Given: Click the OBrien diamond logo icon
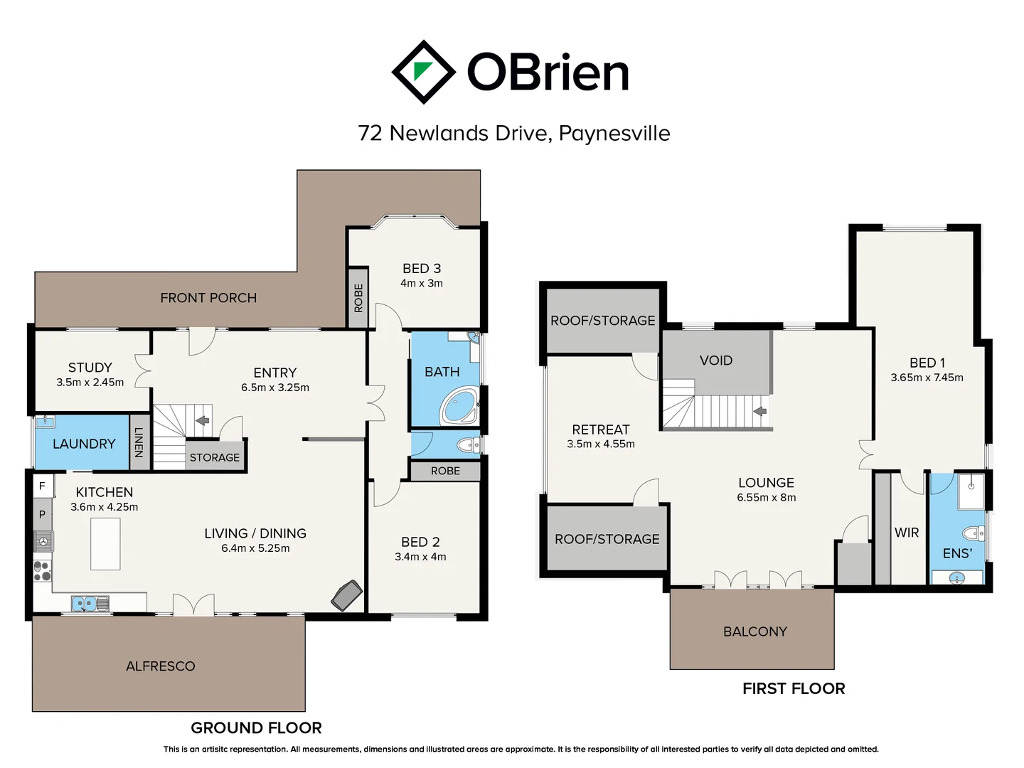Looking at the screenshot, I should [x=423, y=72].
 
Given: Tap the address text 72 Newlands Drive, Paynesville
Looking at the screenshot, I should [x=513, y=133].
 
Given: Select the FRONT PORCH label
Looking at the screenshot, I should [x=208, y=298].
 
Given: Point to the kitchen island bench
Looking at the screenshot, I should [x=105, y=544].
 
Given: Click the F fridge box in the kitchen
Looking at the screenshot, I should [x=43, y=486].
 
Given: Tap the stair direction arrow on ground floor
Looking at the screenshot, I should [x=203, y=420].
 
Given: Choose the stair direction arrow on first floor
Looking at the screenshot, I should [x=760, y=411].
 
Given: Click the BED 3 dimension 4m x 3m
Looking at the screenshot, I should [x=422, y=283].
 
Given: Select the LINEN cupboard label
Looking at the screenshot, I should [x=139, y=442].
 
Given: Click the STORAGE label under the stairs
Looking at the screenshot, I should [x=215, y=457].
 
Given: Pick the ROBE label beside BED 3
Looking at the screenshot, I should [x=358, y=298].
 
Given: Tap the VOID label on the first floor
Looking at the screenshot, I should [x=715, y=361].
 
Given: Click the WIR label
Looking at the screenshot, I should [x=907, y=533].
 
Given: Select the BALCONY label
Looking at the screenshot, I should [x=754, y=631].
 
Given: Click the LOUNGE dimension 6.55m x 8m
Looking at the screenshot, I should [x=766, y=498].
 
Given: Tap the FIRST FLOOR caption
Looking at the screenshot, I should [x=794, y=688].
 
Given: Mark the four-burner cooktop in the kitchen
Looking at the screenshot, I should [x=42, y=570].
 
